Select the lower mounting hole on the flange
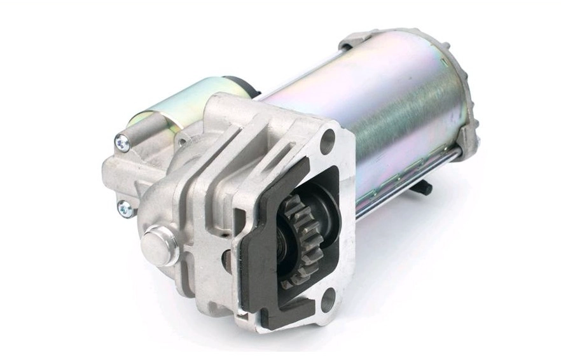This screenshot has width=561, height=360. [x=328, y=301]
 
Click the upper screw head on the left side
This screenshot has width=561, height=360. [x=123, y=144]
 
